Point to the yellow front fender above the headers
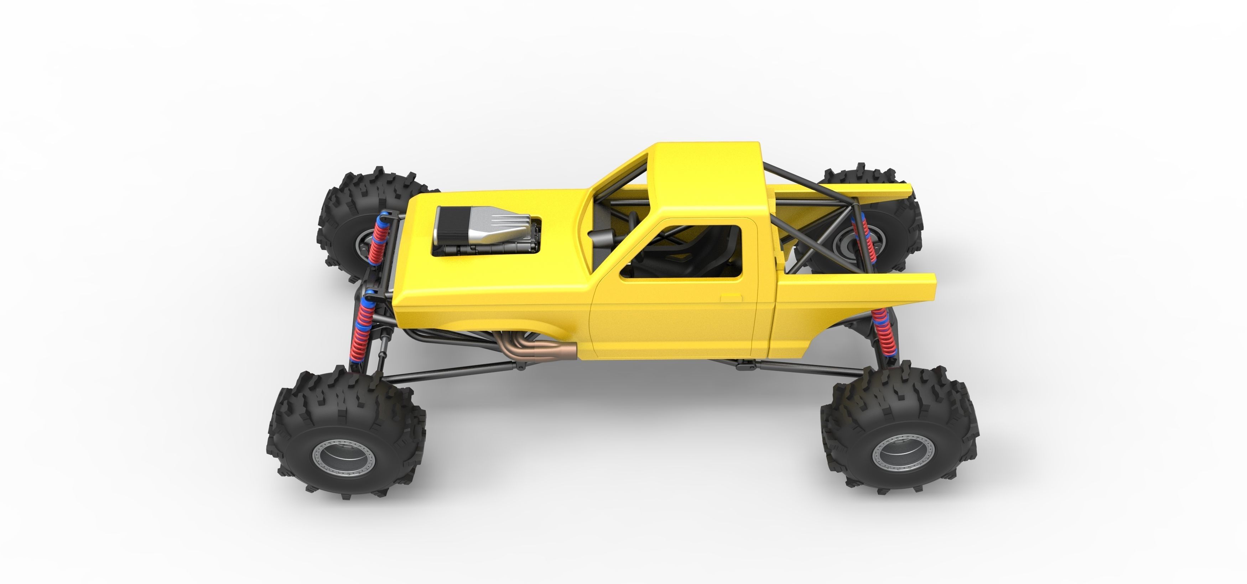(484, 310)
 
